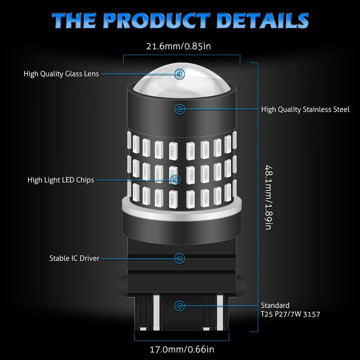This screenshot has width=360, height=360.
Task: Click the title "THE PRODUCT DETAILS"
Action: click(180, 20)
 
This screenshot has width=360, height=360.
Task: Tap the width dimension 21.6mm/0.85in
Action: click(178, 46)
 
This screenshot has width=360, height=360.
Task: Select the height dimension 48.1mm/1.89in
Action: click(269, 197)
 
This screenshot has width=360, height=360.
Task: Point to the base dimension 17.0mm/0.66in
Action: click(182, 350)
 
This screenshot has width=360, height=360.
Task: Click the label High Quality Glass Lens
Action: click(61, 74)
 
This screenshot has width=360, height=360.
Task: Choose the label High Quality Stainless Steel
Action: click(305, 110)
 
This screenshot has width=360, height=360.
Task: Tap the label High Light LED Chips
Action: click(61, 180)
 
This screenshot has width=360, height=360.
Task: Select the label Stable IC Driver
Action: click(74, 258)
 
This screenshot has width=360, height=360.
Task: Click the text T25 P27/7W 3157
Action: click(291, 314)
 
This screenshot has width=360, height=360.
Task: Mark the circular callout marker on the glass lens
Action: click(179, 74)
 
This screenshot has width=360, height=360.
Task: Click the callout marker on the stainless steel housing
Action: click(179, 109)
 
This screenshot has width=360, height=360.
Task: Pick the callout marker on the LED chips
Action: click(176, 180)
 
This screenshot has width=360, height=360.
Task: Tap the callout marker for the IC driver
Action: click(179, 259)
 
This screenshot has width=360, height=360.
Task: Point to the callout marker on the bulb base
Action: click(179, 306)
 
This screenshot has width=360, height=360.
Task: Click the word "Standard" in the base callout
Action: click(275, 306)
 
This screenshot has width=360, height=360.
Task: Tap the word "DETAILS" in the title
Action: click(263, 20)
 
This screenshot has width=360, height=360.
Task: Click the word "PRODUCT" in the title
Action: click(156, 20)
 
